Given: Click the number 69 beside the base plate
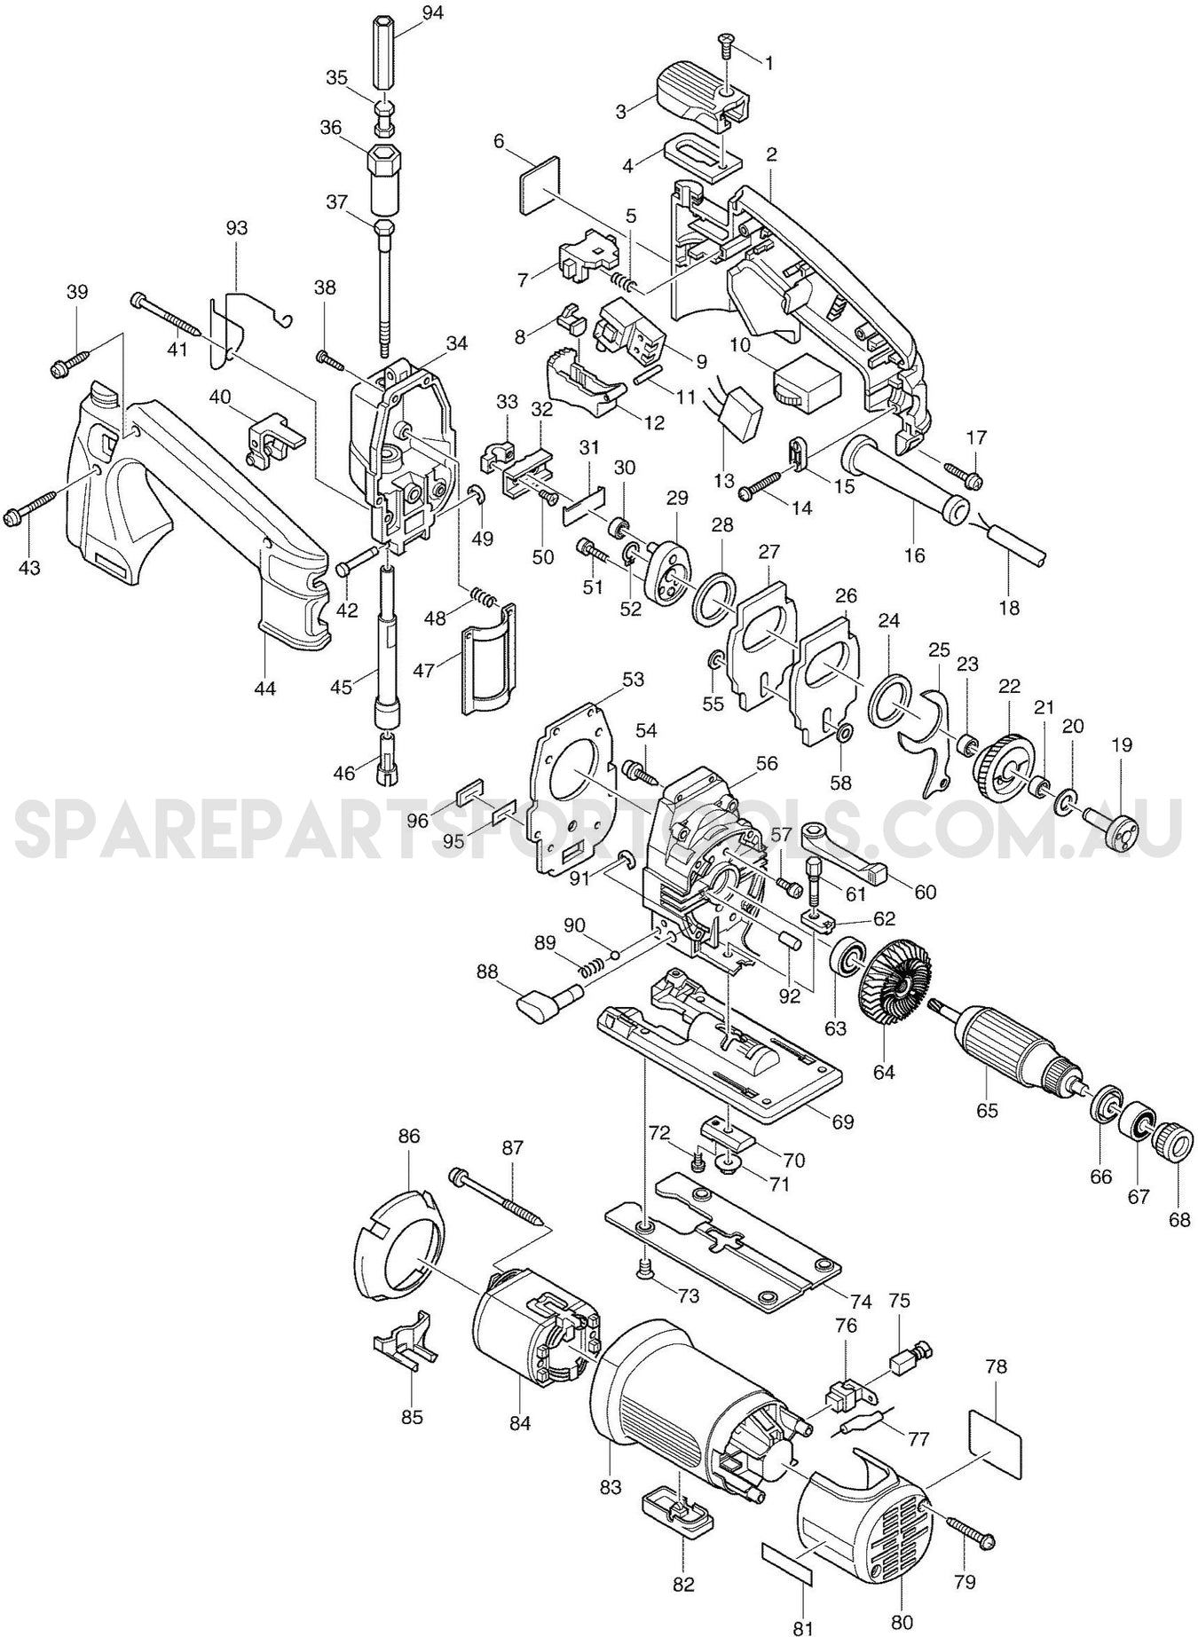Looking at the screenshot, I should pos(842,1122).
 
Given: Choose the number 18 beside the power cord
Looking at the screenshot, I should pos(1009,608).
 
